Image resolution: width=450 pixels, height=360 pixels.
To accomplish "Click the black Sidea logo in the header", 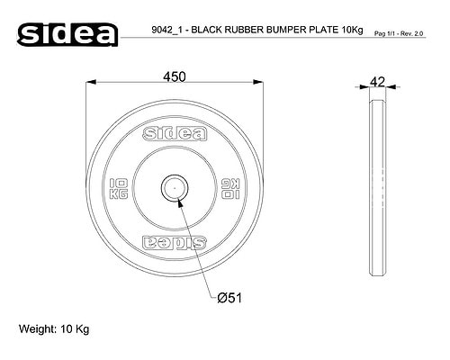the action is click(67, 34).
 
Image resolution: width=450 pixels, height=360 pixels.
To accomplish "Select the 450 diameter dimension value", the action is click(175, 76).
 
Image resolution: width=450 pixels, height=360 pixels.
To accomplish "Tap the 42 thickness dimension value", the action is click(377, 82).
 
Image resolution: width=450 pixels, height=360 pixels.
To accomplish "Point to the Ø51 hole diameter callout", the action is click(229, 298).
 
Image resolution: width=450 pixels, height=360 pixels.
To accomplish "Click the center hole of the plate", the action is click(175, 188).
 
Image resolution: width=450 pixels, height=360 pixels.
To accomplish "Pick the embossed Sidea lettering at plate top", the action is click(175, 134).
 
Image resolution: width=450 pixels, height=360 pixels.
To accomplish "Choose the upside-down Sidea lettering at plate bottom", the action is click(175, 243).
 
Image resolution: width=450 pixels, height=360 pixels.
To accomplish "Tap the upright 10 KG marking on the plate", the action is click(119, 189).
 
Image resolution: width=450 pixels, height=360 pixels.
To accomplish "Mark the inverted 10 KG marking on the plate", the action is click(230, 189).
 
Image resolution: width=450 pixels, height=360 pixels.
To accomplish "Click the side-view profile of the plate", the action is click(378, 187).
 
